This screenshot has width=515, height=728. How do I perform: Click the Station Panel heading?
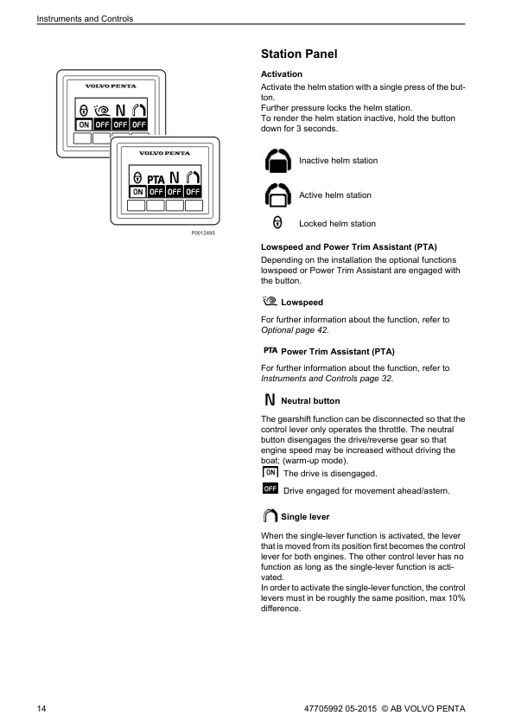click(299, 54)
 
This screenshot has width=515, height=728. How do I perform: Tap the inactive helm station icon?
click(278, 161)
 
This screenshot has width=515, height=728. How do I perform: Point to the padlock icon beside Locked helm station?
click(277, 222)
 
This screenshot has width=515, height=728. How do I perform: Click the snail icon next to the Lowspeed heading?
click(270, 301)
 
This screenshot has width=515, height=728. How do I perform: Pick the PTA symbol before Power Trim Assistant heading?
click(270, 350)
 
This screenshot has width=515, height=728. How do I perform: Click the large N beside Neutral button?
click(270, 399)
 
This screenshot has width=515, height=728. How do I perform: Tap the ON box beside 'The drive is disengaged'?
click(270, 472)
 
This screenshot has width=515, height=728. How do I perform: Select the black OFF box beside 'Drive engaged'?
click(270, 489)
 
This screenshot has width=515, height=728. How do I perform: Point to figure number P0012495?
click(203, 233)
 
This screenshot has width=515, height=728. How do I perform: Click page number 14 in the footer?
click(41, 708)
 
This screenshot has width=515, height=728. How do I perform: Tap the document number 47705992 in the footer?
click(323, 708)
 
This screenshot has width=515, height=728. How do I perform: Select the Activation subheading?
click(281, 73)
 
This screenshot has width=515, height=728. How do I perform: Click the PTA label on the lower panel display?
click(156, 179)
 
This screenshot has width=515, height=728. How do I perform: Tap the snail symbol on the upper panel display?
click(102, 111)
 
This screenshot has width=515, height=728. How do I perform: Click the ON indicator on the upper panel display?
click(84, 125)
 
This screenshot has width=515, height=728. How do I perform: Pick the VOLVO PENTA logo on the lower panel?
click(165, 153)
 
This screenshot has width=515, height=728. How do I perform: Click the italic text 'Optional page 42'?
click(294, 330)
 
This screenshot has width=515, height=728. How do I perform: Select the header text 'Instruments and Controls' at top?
click(85, 18)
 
